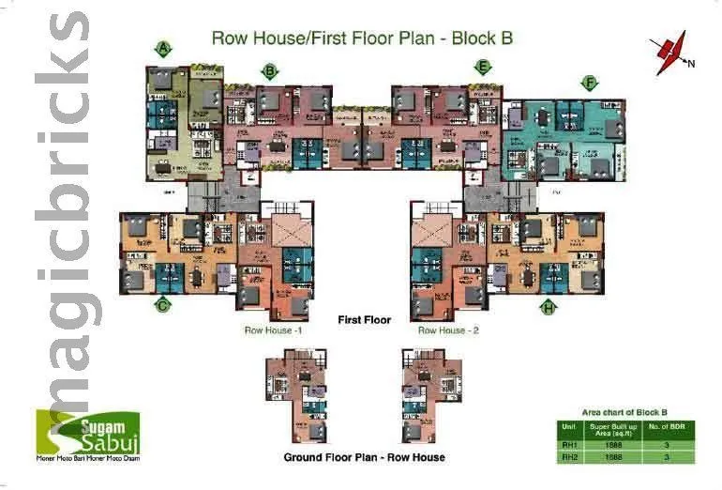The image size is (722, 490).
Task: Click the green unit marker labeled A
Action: (x=164, y=48)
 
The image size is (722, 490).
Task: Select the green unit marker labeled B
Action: (x=270, y=70)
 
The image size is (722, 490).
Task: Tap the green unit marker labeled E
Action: (x=483, y=67)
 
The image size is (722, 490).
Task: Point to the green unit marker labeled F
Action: (x=589, y=84)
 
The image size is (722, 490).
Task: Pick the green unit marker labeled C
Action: (x=163, y=304)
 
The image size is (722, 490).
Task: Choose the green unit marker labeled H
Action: (x=549, y=306)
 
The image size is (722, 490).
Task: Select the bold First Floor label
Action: (x=364, y=320)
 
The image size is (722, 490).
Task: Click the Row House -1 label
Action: (x=273, y=330)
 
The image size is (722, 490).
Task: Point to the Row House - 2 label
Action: (x=448, y=330)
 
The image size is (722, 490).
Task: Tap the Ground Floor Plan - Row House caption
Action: (x=364, y=457)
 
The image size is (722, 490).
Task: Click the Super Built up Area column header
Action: (x=612, y=429)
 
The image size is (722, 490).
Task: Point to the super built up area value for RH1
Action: (x=612, y=445)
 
